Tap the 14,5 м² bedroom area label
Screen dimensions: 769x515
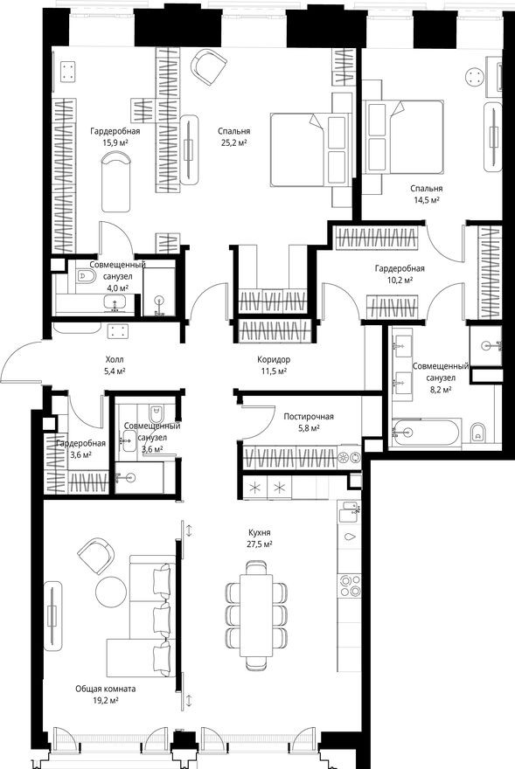coord(427,199)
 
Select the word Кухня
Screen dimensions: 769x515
coord(258,531)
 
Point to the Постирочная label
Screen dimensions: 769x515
coord(308,417)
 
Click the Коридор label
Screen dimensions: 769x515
coord(274,359)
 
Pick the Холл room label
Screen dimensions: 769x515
coord(115,359)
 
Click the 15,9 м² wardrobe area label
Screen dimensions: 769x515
coord(115,142)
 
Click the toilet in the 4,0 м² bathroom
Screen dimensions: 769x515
coord(86,278)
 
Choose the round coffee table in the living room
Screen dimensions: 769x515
coord(112,592)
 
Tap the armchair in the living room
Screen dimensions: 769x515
coord(94,553)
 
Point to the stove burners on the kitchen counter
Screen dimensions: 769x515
coord(350,583)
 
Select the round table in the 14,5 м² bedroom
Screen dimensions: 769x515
coord(476,77)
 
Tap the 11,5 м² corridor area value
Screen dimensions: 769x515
coord(274,371)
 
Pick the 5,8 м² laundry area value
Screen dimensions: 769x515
coord(308,429)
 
